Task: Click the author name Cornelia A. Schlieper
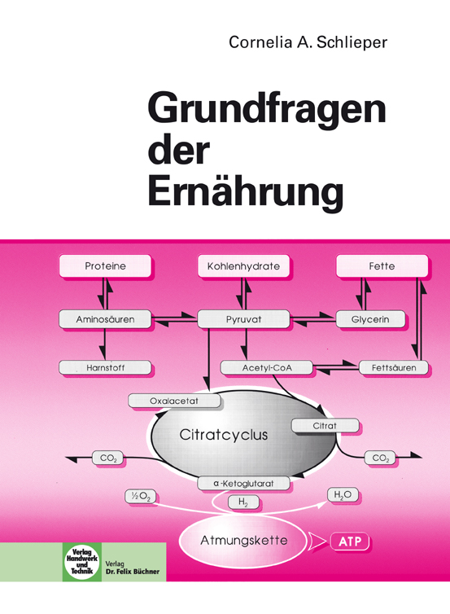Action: click(x=308, y=42)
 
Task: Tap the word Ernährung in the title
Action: click(x=246, y=192)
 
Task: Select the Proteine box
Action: click(x=105, y=266)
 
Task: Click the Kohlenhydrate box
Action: click(x=243, y=266)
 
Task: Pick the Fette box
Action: click(x=382, y=266)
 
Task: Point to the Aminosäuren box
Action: click(x=105, y=319)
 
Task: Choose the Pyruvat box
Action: click(x=243, y=319)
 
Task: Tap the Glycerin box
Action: click(x=370, y=319)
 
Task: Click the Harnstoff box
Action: click(x=105, y=368)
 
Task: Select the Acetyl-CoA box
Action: click(x=267, y=368)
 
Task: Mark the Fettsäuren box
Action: click(x=394, y=368)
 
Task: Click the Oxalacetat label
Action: click(x=174, y=401)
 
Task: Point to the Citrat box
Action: click(x=325, y=426)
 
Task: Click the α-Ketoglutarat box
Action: click(x=243, y=483)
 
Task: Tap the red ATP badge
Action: click(x=350, y=542)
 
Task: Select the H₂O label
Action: click(x=343, y=495)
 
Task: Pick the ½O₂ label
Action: click(x=141, y=497)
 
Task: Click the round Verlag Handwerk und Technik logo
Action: click(x=82, y=563)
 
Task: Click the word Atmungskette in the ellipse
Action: click(x=244, y=541)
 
